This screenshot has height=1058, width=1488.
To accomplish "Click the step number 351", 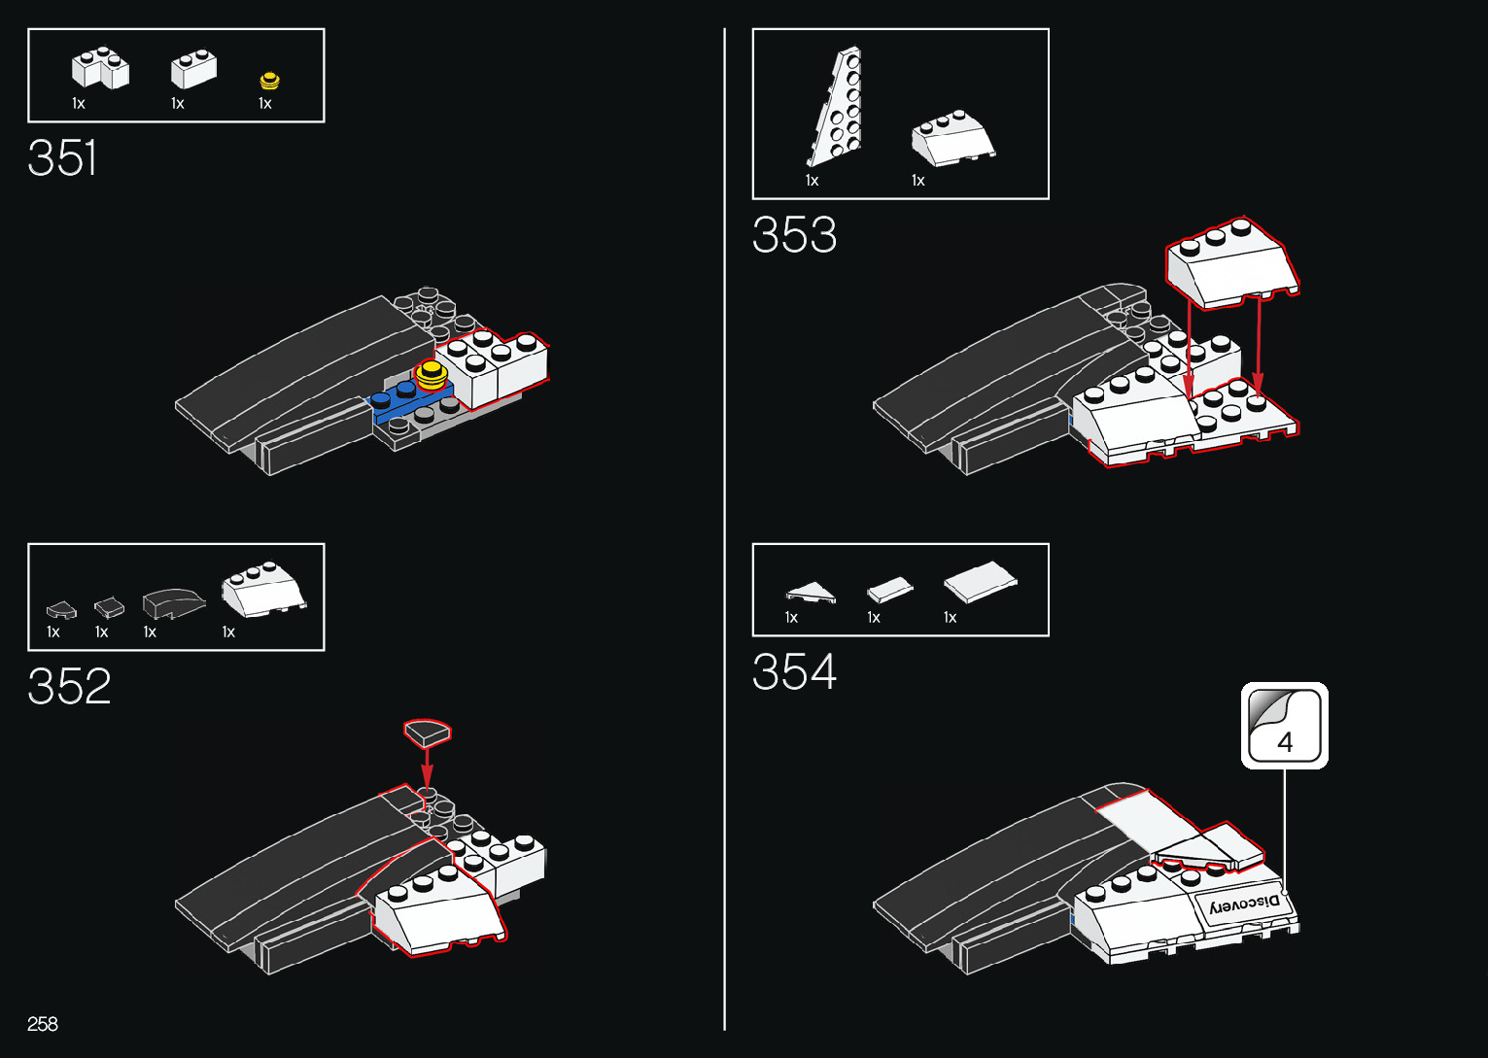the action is pyautogui.click(x=62, y=158).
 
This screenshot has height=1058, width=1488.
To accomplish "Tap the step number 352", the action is pyautogui.click(x=69, y=687).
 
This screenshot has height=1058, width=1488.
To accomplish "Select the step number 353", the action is pyautogui.click(x=794, y=235).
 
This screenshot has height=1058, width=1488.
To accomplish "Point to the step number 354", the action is pyautogui.click(x=794, y=672).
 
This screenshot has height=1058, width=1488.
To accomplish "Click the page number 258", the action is pyautogui.click(x=43, y=1024).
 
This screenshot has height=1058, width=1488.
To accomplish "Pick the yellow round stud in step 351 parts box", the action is pyautogui.click(x=269, y=82).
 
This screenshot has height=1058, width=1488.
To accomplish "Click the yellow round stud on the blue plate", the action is pyautogui.click(x=431, y=374).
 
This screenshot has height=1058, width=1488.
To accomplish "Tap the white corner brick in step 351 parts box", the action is pyautogui.click(x=100, y=68).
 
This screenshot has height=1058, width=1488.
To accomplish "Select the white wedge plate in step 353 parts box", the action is pyautogui.click(x=837, y=107).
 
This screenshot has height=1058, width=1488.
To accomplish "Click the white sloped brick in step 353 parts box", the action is pyautogui.click(x=952, y=139).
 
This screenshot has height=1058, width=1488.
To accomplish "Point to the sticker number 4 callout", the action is pyautogui.click(x=1284, y=726).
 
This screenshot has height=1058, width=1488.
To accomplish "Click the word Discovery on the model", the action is pyautogui.click(x=1245, y=904).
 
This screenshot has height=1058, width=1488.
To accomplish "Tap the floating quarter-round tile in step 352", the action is pyautogui.click(x=428, y=732).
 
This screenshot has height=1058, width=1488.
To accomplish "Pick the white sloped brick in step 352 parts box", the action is pyautogui.click(x=262, y=589).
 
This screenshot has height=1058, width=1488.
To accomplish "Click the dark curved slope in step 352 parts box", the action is pyautogui.click(x=173, y=603).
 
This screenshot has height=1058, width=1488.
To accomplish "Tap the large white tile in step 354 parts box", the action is pyautogui.click(x=980, y=581).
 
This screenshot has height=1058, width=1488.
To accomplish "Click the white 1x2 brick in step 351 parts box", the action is pyautogui.click(x=193, y=69).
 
